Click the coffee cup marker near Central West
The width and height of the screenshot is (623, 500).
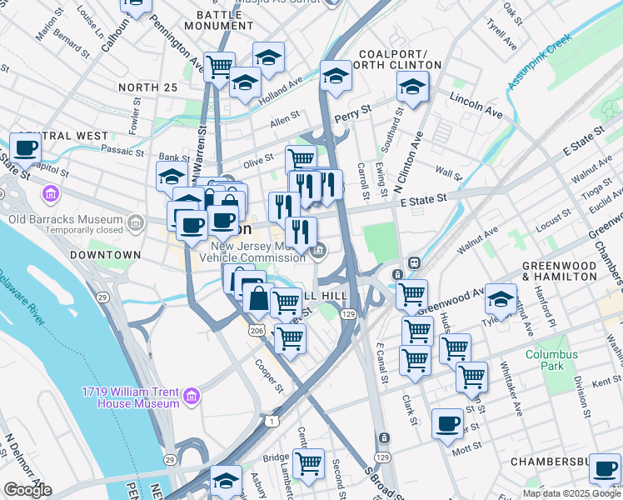(x=25, y=147)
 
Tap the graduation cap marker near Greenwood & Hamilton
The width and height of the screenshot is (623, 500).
(x=501, y=298)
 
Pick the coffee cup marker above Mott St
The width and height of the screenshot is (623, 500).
(x=447, y=422)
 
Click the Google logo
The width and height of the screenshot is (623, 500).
(x=27, y=489)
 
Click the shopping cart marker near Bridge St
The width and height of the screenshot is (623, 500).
(x=308, y=462)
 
